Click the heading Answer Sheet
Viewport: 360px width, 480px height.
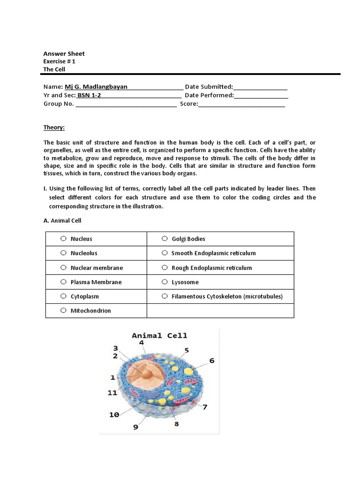click(x=64, y=53)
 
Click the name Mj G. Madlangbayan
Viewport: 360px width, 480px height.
click(x=96, y=87)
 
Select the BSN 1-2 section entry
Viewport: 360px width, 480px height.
click(x=89, y=95)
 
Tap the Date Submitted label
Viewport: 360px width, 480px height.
click(x=209, y=87)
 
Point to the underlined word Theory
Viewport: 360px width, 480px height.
click(x=54, y=127)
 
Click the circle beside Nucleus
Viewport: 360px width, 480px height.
click(x=63, y=239)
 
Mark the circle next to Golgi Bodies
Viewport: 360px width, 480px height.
click(x=165, y=239)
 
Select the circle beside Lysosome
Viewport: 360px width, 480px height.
click(x=165, y=282)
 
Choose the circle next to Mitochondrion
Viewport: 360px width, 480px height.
click(x=63, y=310)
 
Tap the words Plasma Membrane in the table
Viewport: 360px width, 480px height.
click(x=96, y=282)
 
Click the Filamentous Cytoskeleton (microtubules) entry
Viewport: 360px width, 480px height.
click(x=227, y=296)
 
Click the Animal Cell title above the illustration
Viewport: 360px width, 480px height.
click(x=159, y=336)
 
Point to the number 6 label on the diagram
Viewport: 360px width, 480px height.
click(x=211, y=360)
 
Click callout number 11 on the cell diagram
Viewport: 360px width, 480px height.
click(x=112, y=393)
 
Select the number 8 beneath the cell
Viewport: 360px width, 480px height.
click(x=177, y=424)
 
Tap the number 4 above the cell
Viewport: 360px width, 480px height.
click(x=141, y=343)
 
